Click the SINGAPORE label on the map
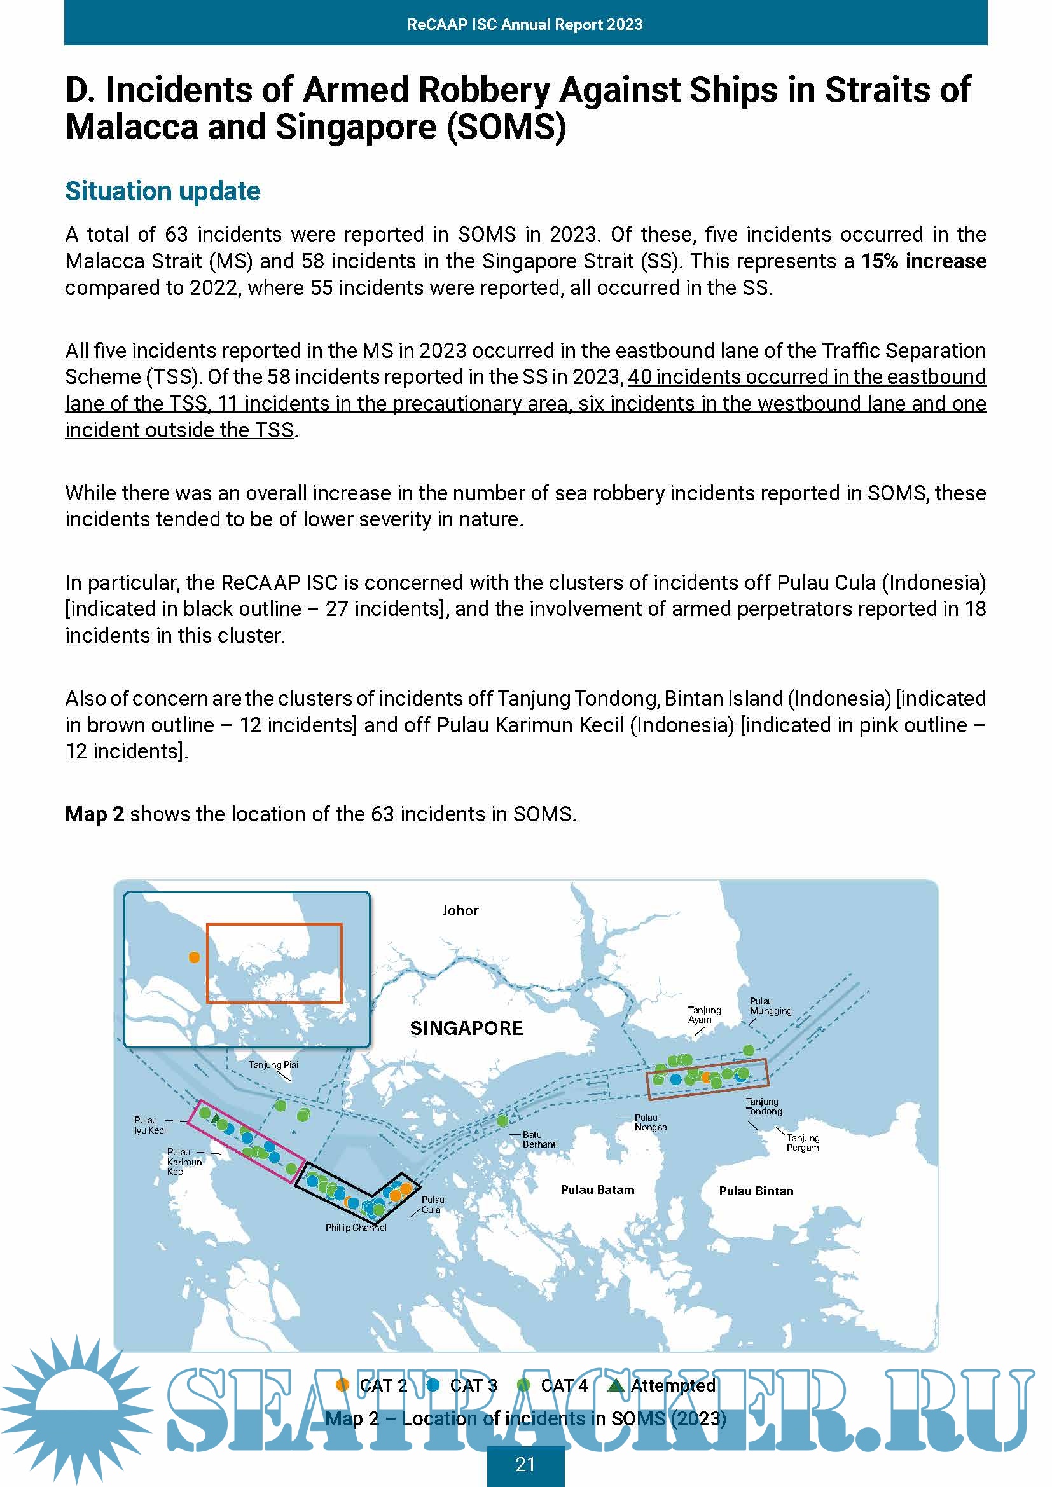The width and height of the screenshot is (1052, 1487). pos(466,1029)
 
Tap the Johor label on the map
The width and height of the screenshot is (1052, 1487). pos(460,910)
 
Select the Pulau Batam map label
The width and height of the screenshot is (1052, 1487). pos(597,1189)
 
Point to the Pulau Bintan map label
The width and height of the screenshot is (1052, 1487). pos(756,1191)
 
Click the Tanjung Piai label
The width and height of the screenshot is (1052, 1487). pos(273,1065)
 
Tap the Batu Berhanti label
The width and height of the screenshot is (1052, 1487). pos(539,1139)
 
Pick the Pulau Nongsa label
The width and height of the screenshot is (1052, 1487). pos(651,1122)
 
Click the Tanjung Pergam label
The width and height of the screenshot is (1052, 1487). pos(803,1142)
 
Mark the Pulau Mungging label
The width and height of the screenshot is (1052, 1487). pos(770,1006)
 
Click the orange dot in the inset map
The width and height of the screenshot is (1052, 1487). pos(194,957)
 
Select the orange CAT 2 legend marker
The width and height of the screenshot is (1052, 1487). pos(343,1385)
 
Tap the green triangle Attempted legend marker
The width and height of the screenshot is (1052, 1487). pos(616,1385)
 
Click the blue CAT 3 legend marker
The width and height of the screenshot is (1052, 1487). pos(433,1385)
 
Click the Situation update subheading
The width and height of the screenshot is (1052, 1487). pos(163,191)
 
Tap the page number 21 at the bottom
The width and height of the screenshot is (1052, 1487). pos(525,1464)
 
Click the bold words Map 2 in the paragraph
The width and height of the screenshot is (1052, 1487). pos(95,814)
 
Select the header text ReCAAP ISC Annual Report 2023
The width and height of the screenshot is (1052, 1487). pos(525,25)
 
